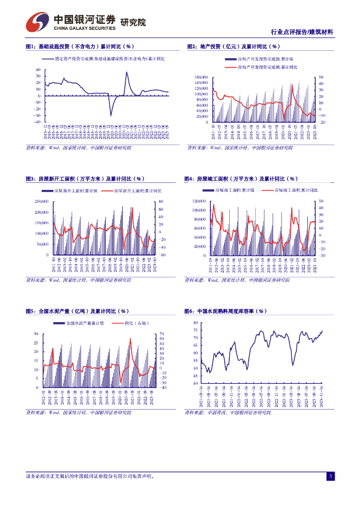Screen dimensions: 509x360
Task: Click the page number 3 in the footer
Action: [x=330, y=476]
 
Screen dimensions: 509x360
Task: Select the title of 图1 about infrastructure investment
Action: [x=80, y=47]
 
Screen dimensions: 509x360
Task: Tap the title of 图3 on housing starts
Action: [x=85, y=179]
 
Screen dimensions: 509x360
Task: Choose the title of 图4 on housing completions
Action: [x=241, y=179]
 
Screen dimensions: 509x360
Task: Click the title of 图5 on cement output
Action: [x=80, y=311]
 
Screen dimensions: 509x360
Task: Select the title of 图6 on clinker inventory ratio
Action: [x=225, y=311]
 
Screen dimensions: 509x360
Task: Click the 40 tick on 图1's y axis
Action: [x=38, y=70]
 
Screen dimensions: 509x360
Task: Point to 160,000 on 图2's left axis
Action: [x=201, y=77]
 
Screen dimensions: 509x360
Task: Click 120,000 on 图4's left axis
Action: [x=199, y=201]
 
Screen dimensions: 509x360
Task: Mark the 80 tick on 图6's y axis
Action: [x=195, y=323]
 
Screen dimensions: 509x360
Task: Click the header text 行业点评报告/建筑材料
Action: [x=302, y=32]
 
